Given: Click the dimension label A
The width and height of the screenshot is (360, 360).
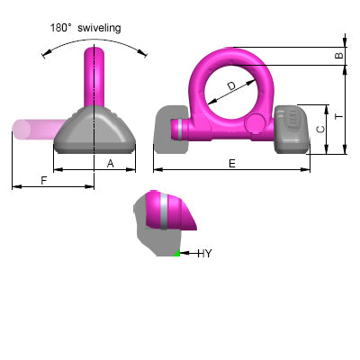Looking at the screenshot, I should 110,164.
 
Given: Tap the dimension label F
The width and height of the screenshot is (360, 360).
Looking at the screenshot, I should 44,180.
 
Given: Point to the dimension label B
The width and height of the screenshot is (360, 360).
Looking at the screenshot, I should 338,56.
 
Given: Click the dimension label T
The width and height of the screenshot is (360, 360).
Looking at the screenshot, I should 338,116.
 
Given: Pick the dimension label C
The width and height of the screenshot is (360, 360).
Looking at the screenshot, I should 321,130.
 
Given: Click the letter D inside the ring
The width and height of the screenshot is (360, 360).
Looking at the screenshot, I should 232,86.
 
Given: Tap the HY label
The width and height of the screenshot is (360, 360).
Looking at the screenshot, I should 204,254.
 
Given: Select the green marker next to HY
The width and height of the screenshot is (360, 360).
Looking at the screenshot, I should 177,255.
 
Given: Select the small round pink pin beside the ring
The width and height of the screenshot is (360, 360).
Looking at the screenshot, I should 256,123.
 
